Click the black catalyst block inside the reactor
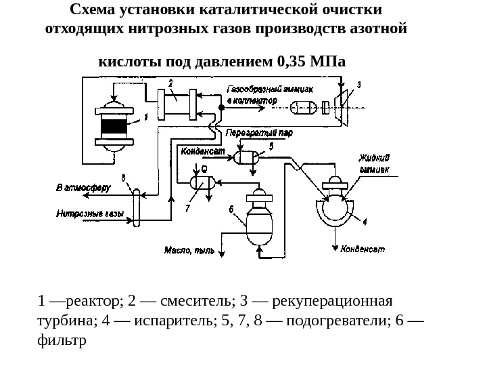click(x=113, y=126)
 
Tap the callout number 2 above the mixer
click(x=170, y=83)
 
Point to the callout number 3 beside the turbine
click(x=359, y=85)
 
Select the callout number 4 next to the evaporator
click(x=365, y=221)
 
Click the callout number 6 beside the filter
click(x=231, y=210)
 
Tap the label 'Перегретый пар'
click(x=260, y=134)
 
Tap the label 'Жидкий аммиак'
click(x=374, y=164)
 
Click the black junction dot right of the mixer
click(x=221, y=108)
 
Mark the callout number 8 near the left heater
click(x=124, y=178)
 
